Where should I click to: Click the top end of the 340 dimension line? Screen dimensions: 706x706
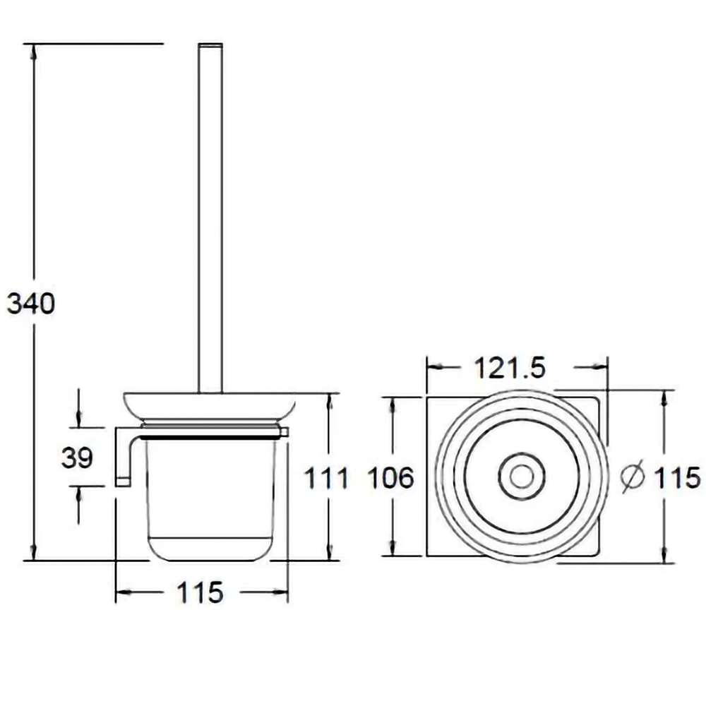click(34, 44)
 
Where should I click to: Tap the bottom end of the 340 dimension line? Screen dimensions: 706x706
click(34, 561)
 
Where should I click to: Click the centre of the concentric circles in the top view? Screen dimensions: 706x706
click(522, 477)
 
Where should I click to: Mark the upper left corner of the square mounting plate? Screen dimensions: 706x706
click(427, 397)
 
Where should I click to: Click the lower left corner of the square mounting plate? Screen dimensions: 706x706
click(427, 556)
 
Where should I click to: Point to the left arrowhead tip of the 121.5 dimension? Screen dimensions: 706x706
click(427, 367)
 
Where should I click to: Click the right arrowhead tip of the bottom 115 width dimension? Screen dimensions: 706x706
click(287, 592)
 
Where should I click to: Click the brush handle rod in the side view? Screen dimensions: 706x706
click(210, 218)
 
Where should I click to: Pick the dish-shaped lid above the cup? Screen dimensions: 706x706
click(210, 407)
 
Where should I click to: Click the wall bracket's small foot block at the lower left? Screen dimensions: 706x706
click(123, 481)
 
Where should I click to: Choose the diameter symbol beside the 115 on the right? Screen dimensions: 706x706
click(633, 477)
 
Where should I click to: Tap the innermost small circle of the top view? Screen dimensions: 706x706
click(522, 477)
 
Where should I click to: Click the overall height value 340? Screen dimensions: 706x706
click(31, 303)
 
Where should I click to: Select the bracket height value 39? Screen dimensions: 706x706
click(77, 457)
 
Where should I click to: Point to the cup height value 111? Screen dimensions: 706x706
click(326, 478)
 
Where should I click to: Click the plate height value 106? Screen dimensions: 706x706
click(391, 478)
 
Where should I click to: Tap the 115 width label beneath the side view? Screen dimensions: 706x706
click(201, 592)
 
